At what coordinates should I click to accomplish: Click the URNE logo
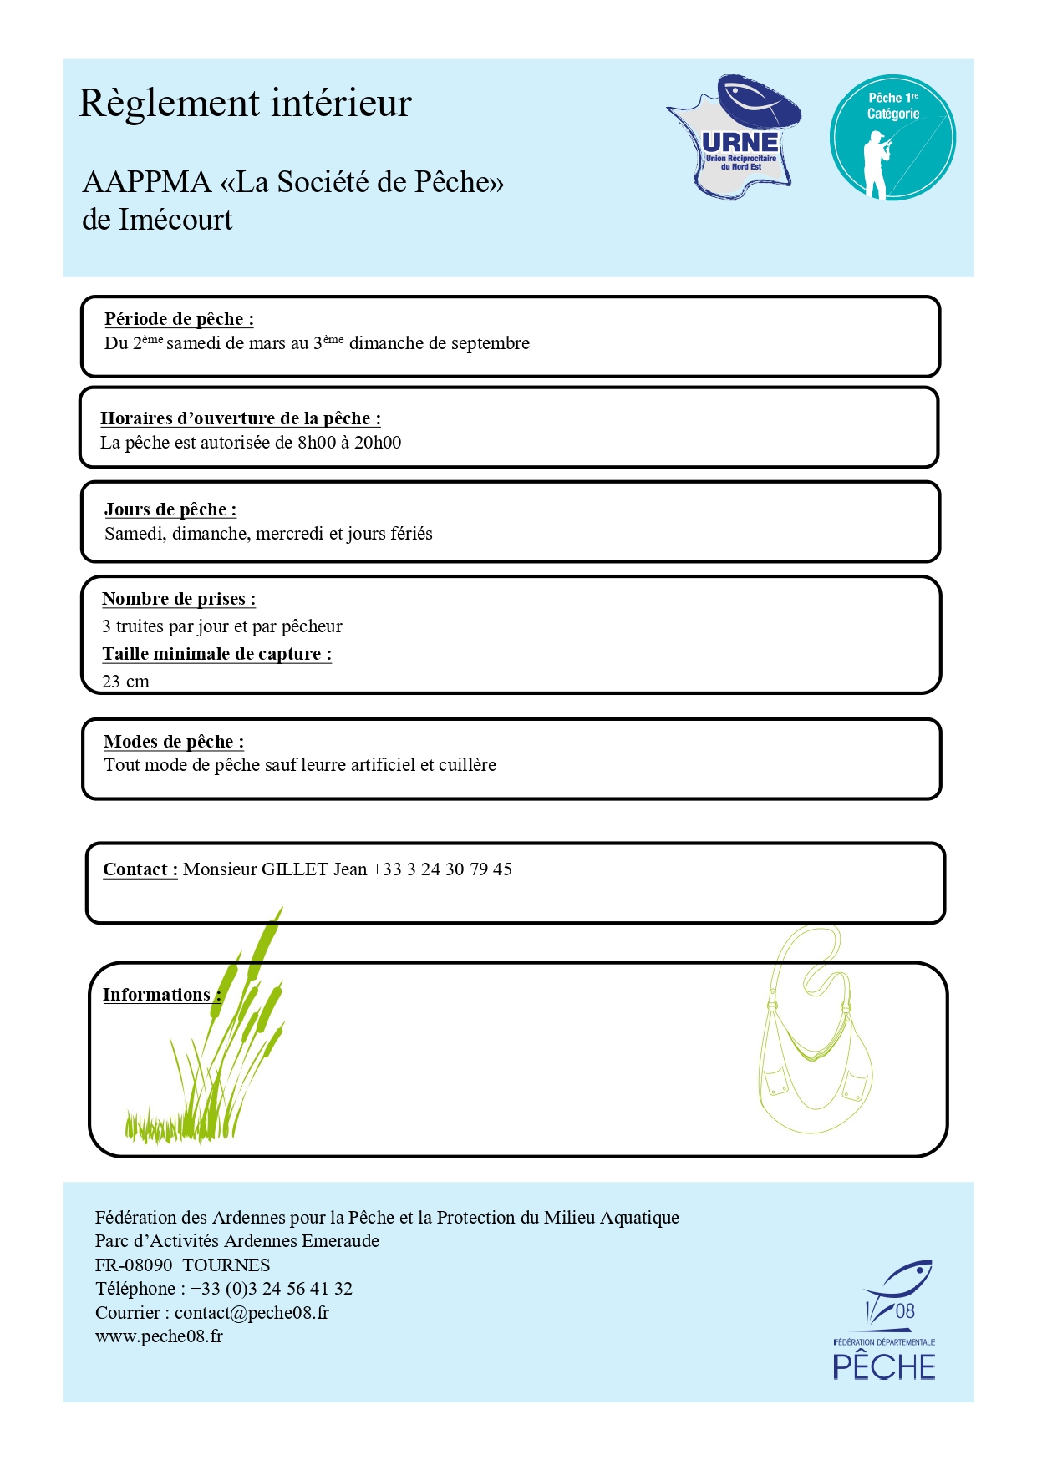point(735,137)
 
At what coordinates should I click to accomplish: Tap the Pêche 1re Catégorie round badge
point(892,138)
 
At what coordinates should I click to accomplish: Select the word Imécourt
point(175,220)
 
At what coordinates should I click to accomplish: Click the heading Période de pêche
point(178,319)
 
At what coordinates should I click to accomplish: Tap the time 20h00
point(378,443)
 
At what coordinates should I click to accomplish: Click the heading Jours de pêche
point(170,509)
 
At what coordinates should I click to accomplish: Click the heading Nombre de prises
point(178,599)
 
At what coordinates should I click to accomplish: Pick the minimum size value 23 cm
point(125,682)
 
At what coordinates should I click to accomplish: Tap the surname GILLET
point(294,869)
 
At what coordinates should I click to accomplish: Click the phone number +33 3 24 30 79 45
point(441,869)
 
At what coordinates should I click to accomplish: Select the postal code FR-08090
point(134,1265)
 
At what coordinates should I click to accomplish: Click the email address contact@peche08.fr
point(252,1313)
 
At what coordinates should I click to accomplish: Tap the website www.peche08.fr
point(159,1336)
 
